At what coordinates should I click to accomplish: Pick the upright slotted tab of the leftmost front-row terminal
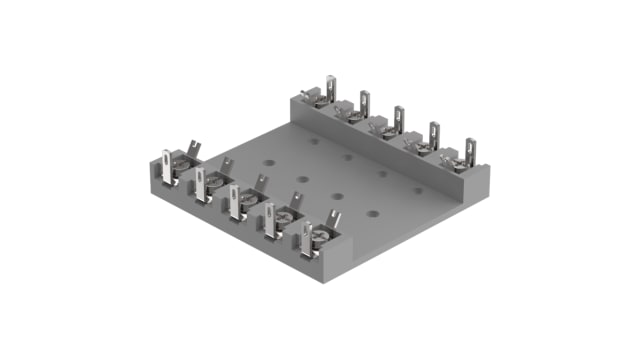coord(166,163)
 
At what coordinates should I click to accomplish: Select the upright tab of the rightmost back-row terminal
coord(469,148)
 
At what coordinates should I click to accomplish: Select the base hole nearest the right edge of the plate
coord(418,189)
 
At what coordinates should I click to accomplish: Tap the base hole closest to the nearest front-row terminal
coord(372,212)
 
